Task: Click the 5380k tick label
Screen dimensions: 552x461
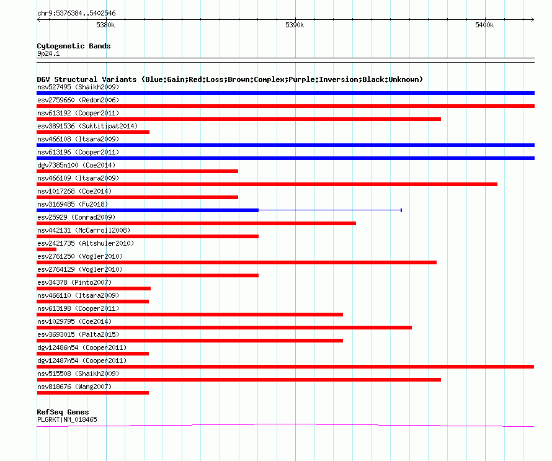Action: (105, 25)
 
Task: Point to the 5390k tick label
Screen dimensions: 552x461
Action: (295, 25)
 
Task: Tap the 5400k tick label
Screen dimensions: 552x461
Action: (484, 25)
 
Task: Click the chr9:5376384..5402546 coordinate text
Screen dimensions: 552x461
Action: (76, 14)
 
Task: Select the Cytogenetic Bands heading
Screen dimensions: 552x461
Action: (74, 46)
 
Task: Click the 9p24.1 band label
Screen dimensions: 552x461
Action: (48, 53)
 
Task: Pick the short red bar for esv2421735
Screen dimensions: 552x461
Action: (47, 249)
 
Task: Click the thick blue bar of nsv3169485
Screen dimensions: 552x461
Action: (148, 210)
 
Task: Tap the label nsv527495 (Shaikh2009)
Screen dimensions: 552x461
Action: (78, 87)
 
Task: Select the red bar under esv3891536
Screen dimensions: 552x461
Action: (93, 132)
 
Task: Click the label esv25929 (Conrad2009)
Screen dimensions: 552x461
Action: (76, 217)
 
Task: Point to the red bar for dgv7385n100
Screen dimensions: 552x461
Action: (137, 171)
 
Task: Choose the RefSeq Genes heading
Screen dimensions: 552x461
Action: (63, 412)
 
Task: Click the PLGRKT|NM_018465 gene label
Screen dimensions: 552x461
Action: (67, 419)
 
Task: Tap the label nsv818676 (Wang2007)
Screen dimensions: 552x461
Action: (74, 387)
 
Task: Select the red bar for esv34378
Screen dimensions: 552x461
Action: (94, 289)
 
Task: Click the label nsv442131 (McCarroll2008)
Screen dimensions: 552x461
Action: (84, 230)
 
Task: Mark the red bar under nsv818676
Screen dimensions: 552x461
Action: (92, 393)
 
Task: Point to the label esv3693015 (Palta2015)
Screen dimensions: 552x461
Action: (78, 334)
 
